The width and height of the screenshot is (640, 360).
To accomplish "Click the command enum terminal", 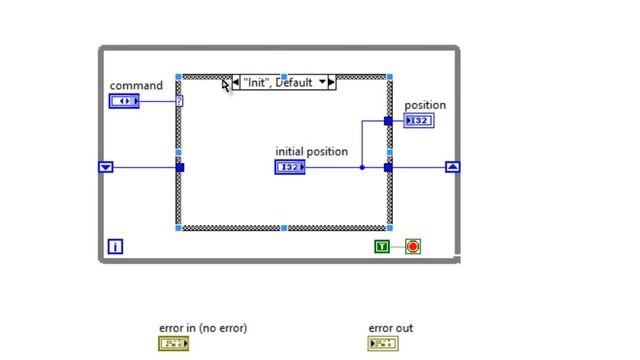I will (124, 101).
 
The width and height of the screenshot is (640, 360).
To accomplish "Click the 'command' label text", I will (136, 86).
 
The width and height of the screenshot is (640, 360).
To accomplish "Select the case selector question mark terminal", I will (179, 101).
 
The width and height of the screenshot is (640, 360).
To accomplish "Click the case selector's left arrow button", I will (236, 83).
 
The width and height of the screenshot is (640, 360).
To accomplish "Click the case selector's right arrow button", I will (331, 83).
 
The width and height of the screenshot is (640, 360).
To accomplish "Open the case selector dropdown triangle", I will (322, 83).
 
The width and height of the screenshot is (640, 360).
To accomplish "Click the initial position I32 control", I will (289, 167).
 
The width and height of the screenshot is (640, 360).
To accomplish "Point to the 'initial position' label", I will (312, 152).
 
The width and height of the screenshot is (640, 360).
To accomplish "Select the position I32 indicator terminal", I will (419, 121).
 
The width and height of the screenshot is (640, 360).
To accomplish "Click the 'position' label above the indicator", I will (425, 105).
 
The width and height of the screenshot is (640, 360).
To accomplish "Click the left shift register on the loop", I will (106, 167).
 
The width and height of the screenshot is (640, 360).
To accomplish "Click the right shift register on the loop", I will (453, 167).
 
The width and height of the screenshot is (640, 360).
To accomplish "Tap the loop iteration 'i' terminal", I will (115, 246).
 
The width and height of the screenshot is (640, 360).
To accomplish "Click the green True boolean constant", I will (382, 246).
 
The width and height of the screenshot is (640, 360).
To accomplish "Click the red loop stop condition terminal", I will (413, 246).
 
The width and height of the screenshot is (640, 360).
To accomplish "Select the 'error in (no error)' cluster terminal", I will (173, 344).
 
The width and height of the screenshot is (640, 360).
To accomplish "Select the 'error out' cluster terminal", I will (382, 344).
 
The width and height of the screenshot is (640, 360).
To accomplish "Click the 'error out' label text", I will (390, 328).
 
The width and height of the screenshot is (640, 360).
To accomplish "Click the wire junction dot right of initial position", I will (362, 167).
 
